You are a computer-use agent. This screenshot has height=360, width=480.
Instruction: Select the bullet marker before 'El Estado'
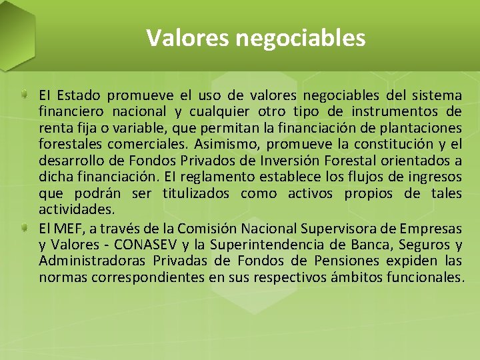23,93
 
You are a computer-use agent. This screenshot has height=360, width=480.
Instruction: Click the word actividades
76,209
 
